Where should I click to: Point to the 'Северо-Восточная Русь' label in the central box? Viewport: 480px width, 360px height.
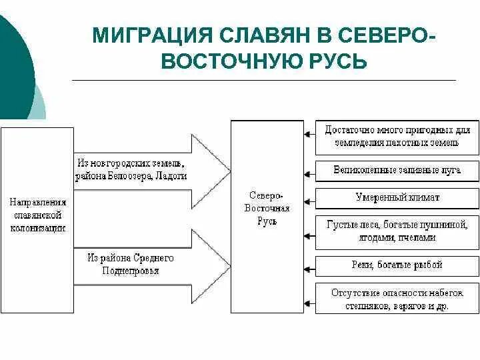tap(267, 209)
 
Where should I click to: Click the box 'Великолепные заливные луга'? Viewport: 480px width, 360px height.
tap(397, 170)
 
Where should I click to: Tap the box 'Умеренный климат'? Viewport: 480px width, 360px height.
tap(397, 198)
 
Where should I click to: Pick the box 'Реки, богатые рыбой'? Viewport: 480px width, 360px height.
tap(397, 265)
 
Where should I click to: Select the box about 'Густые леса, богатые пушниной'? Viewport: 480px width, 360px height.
tap(397, 231)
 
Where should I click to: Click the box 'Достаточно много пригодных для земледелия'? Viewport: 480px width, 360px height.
tap(397, 136)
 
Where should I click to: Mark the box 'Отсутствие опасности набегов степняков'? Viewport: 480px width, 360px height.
tap(397, 299)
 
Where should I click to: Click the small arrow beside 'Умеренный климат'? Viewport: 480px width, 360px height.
tap(309, 198)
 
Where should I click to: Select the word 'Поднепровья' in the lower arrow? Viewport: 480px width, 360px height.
tap(131, 271)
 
